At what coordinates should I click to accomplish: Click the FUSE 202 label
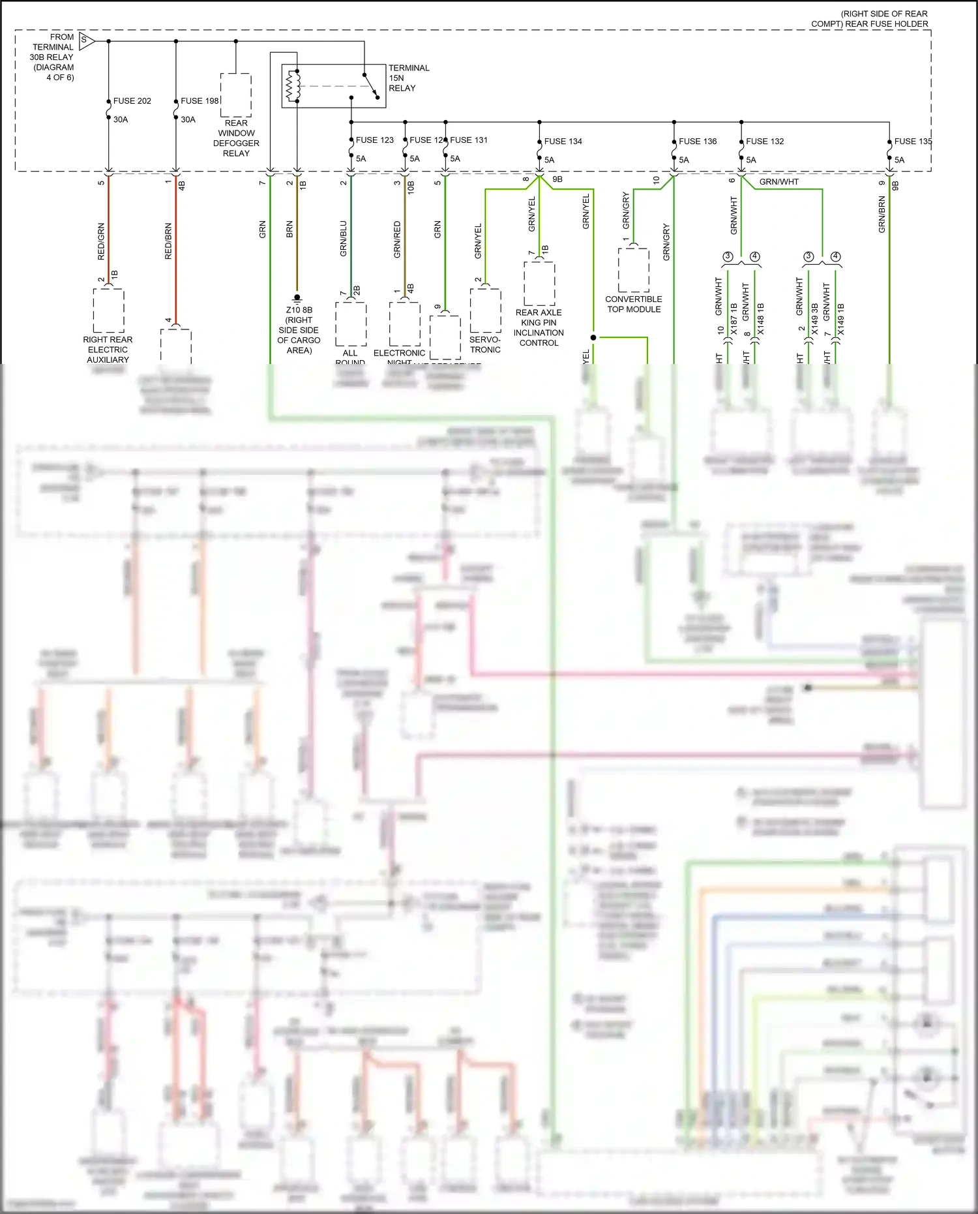point(132,101)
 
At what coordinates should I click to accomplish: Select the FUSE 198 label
point(200,101)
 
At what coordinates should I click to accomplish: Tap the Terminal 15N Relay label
point(409,78)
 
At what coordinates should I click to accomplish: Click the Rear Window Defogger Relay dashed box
point(235,95)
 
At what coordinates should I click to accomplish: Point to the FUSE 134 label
point(563,142)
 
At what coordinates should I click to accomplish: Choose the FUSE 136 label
point(697,142)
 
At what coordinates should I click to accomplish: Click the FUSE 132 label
point(765,142)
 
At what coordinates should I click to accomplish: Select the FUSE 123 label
point(374,140)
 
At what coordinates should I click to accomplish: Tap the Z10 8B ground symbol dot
point(297,297)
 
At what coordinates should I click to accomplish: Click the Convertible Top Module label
point(634,304)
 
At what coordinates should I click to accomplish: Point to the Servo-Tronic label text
point(485,344)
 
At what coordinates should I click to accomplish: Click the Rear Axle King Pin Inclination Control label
point(539,327)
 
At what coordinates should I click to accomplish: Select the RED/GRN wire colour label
point(101,241)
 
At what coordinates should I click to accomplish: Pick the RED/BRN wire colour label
point(168,241)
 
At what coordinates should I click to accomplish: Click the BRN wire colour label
point(289,229)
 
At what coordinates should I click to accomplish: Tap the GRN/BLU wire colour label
point(344,238)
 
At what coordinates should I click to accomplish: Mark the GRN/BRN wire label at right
point(882,215)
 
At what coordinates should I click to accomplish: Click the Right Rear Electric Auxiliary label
point(108,350)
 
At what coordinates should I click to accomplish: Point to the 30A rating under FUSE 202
point(121,120)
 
